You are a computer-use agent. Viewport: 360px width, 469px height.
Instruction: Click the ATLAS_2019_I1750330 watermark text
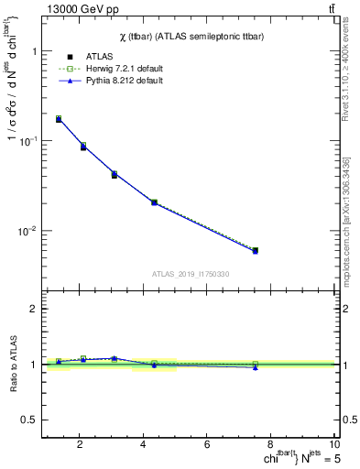190,274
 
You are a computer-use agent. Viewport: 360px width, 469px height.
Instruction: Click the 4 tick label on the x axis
143,444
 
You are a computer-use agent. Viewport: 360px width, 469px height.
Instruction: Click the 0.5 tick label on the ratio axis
30,420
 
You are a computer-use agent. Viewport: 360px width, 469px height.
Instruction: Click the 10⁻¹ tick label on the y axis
27,141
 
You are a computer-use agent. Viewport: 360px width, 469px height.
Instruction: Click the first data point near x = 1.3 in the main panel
59,119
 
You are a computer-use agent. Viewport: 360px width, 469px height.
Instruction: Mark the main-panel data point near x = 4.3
154,202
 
